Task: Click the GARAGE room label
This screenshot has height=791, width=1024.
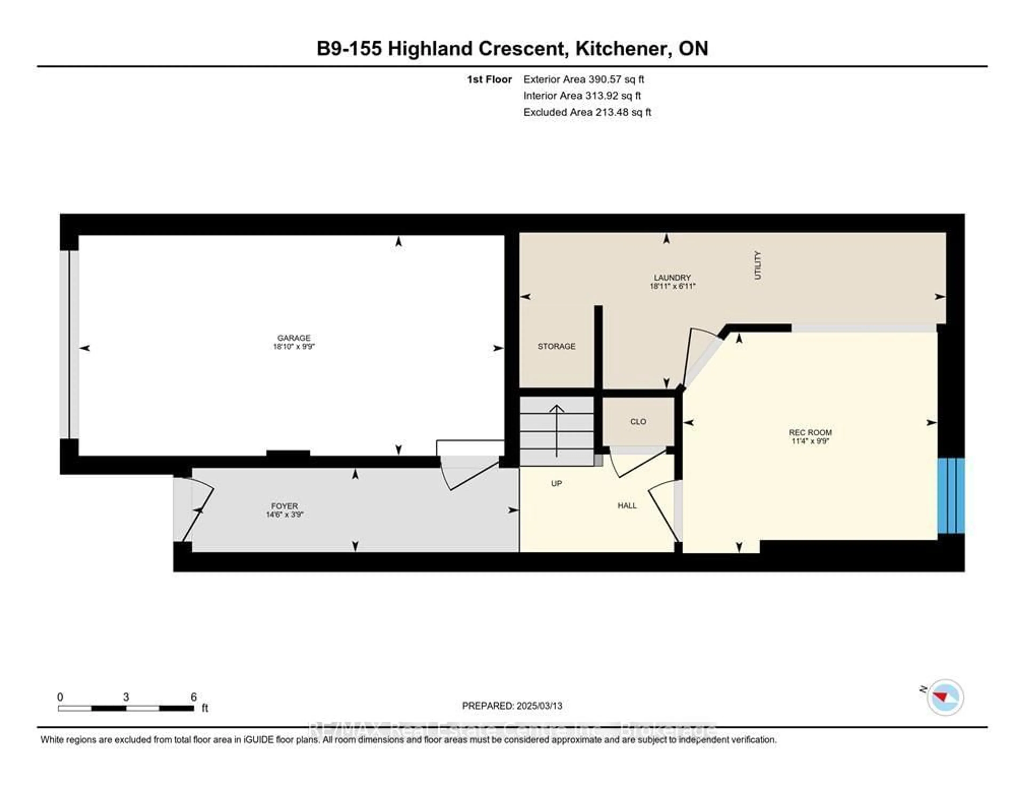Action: pos(294,338)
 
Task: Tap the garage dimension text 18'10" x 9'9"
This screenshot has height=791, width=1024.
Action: pos(294,347)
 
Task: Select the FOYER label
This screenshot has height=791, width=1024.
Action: pos(284,506)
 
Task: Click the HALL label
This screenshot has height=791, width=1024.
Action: pos(627,505)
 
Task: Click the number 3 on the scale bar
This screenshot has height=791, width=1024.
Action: pos(126,697)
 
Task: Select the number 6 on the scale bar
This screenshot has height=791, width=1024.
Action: pos(193,697)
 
